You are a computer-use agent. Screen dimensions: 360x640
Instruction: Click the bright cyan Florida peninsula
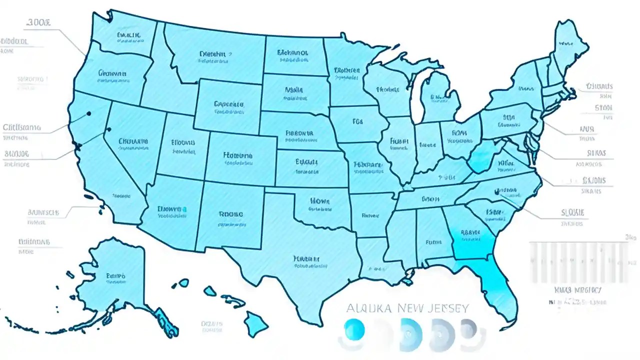tap(497, 285)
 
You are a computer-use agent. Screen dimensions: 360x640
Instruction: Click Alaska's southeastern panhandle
tap(165, 320)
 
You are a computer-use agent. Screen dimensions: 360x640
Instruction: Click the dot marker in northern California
tap(88, 113)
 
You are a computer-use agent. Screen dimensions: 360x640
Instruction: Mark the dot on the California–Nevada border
tap(107, 130)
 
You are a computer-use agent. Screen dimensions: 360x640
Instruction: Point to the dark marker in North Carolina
tap(497, 190)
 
